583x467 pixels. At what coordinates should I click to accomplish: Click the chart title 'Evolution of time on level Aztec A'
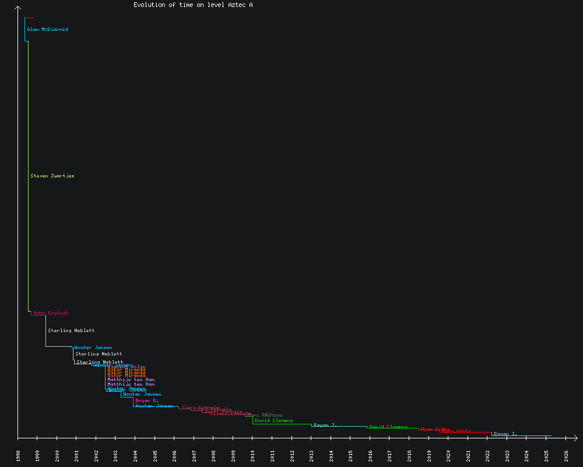(x=193, y=5)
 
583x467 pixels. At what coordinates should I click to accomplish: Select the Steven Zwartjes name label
(x=52, y=176)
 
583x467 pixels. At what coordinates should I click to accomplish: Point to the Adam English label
(x=51, y=313)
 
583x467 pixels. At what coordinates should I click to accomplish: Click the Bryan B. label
(x=147, y=401)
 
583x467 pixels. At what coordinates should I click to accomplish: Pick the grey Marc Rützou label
(x=265, y=416)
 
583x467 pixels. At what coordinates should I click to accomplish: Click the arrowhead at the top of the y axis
(x=18, y=8)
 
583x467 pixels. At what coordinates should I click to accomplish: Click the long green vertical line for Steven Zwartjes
(x=28, y=175)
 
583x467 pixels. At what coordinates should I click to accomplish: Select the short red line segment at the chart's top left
(x=29, y=18)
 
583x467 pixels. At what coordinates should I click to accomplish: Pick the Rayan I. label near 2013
(x=325, y=425)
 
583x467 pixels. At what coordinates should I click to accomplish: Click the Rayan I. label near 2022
(x=505, y=434)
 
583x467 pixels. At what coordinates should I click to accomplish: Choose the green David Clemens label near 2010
(x=274, y=420)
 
